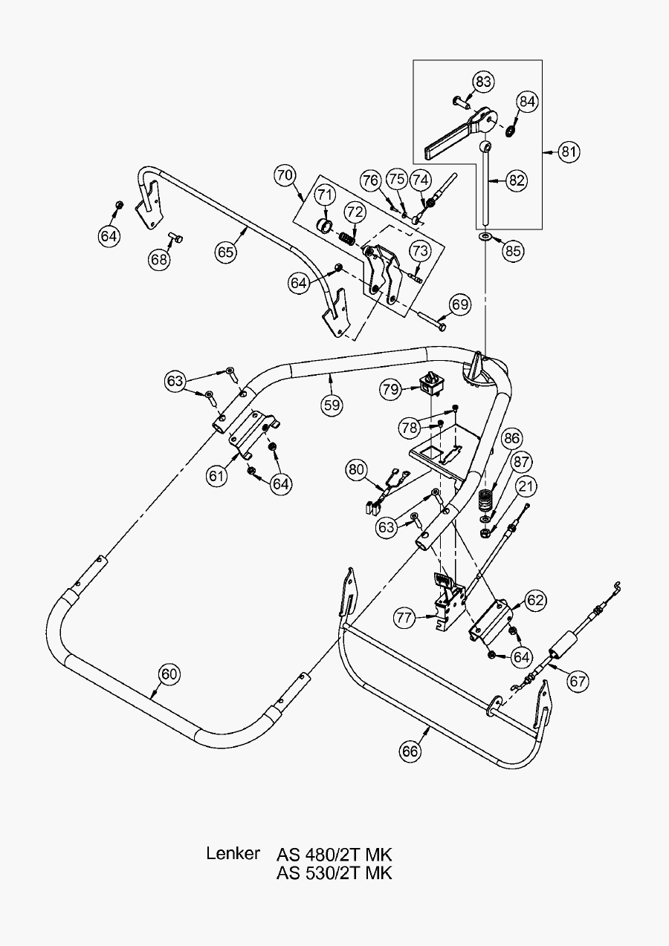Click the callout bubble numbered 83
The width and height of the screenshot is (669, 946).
point(483,82)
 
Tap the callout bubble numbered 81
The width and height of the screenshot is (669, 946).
point(569,152)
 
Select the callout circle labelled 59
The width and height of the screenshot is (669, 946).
point(332,405)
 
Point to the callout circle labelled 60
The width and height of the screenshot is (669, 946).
point(169,674)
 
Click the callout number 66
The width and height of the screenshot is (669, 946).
point(410,751)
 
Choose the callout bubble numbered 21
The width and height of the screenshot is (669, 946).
point(526,487)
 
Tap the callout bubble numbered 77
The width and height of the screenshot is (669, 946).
point(404,616)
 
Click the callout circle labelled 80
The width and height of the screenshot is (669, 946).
point(357,469)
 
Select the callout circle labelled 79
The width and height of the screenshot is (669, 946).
point(392,389)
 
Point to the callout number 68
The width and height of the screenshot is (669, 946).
point(158,259)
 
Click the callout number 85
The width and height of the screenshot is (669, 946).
point(513,250)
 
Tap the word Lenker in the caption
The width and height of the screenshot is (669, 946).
point(233,853)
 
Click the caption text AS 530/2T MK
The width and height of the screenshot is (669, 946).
point(334,872)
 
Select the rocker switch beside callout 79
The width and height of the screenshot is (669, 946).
point(432,382)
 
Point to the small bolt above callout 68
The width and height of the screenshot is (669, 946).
point(175,238)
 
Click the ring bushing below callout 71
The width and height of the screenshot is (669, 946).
point(325,224)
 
